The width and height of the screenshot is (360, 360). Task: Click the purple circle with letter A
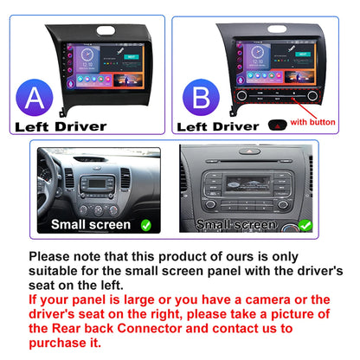point(35,98)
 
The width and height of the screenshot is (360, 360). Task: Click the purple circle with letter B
point(201,98)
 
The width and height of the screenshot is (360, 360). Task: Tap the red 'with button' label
point(312,122)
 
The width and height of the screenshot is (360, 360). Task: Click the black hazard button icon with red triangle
point(278,125)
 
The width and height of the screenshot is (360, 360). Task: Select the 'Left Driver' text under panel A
point(61,126)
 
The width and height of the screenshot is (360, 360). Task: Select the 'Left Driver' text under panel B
point(218,126)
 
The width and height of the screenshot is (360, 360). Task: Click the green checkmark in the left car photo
point(146,225)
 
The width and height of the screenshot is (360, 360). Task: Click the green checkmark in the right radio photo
point(305,225)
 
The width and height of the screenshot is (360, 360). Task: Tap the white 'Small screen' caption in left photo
point(91,224)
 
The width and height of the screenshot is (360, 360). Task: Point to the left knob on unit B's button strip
point(241,95)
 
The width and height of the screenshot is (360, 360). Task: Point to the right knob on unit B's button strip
point(312,95)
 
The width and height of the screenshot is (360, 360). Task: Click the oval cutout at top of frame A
point(106,30)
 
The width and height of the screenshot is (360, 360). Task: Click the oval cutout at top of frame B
point(277,29)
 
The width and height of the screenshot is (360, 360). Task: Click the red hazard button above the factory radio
point(249,151)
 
